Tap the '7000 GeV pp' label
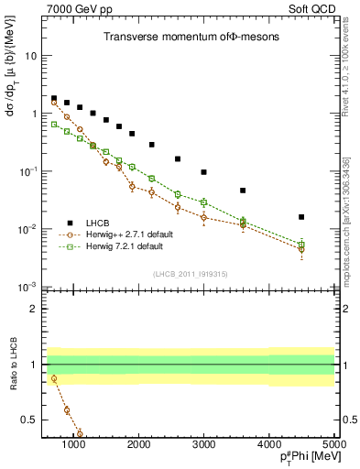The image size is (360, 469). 77,8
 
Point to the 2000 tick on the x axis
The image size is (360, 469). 138,445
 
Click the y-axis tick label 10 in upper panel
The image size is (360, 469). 30,56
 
